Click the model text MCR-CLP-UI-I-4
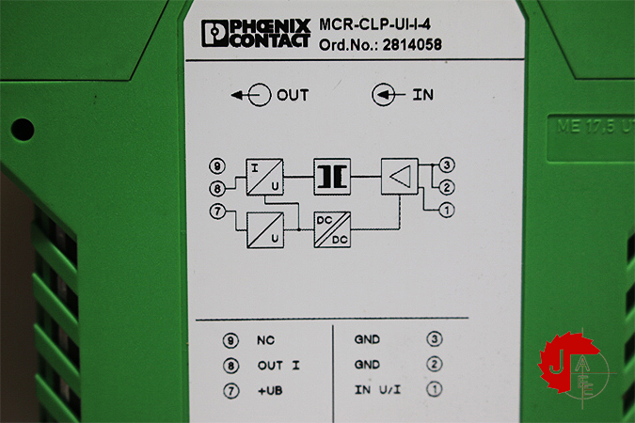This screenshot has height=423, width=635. click(x=379, y=24)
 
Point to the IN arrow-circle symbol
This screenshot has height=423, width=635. click(x=383, y=95)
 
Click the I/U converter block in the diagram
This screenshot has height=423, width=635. click(x=263, y=176)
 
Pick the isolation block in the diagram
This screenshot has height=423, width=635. click(x=331, y=176)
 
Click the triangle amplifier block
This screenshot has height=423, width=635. click(x=399, y=176)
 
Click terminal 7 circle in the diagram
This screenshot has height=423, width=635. click(x=218, y=211)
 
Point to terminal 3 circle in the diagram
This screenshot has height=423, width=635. click(x=449, y=166)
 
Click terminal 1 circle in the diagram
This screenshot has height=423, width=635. click(x=449, y=209)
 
